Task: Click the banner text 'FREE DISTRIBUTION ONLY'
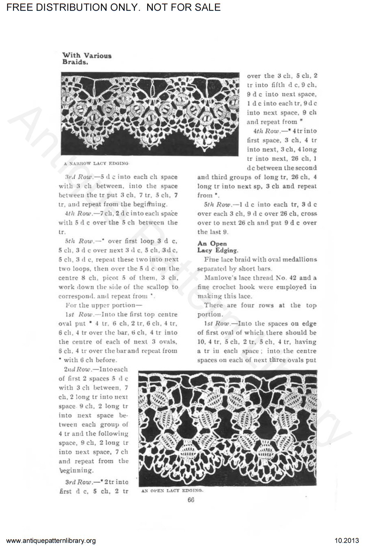72,7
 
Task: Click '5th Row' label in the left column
74,241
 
